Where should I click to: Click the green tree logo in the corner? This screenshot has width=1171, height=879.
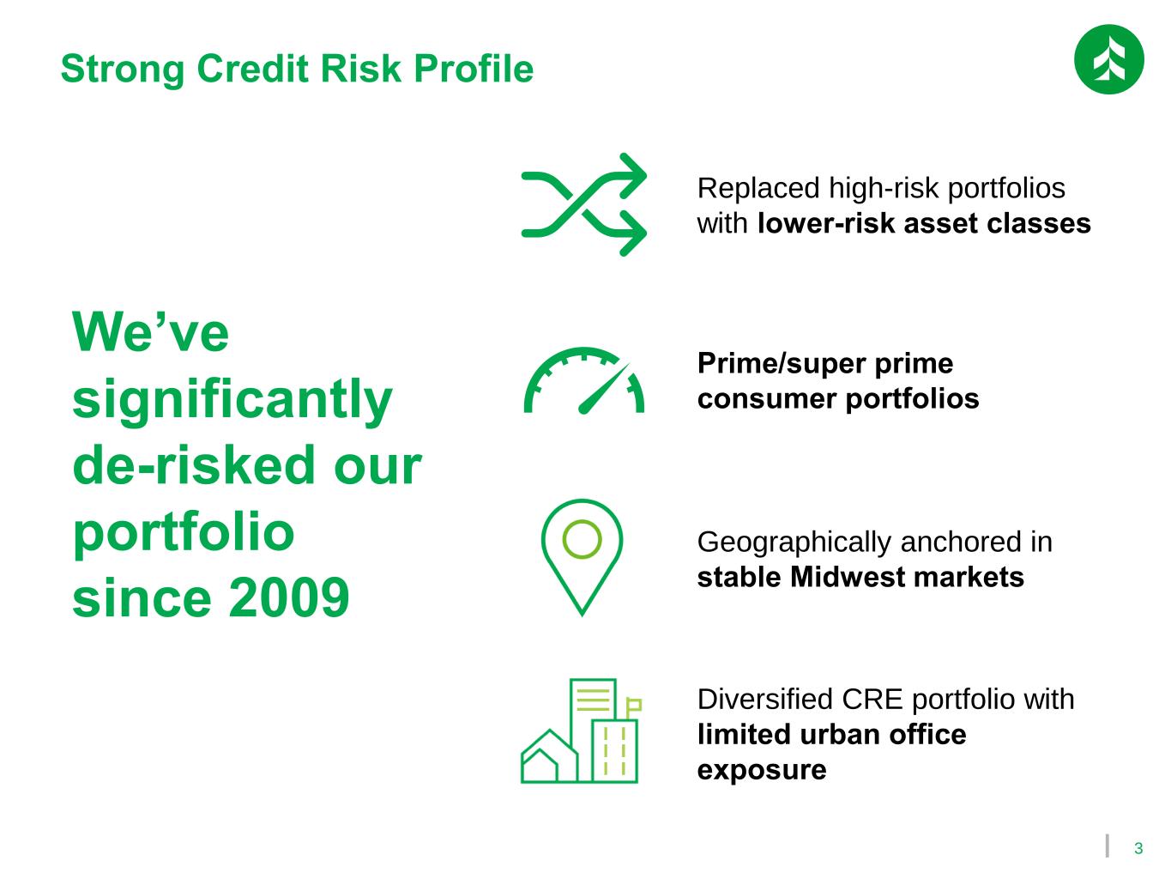1108,59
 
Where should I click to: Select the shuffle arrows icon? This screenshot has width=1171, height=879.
583,204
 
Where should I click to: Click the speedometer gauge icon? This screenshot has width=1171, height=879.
583,380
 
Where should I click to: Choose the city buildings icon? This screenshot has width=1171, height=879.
581,730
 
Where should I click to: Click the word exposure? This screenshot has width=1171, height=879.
761,771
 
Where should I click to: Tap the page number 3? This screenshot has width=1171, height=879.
1138,849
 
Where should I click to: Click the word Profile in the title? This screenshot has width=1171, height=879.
474,69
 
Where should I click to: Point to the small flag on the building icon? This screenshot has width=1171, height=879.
633,706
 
